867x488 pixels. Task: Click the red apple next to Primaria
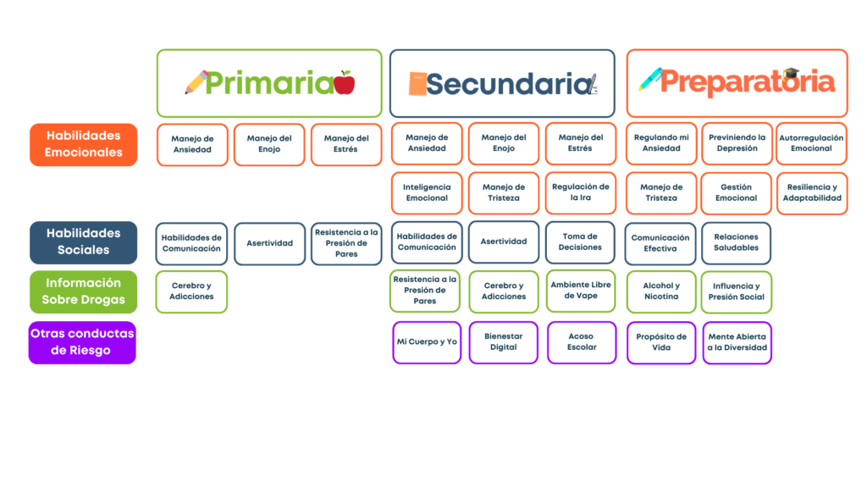pyautogui.click(x=345, y=83)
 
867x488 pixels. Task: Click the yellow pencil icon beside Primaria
pyautogui.click(x=196, y=82)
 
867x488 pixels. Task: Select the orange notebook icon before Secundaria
pyautogui.click(x=417, y=84)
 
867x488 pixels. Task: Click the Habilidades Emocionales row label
pyautogui.click(x=83, y=144)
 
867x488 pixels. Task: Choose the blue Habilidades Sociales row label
pyautogui.click(x=83, y=241)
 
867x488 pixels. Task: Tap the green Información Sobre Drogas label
pyautogui.click(x=83, y=291)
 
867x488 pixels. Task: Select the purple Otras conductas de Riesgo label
pyautogui.click(x=82, y=342)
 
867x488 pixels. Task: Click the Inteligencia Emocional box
pyautogui.click(x=427, y=193)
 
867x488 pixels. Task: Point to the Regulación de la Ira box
pyautogui.click(x=581, y=192)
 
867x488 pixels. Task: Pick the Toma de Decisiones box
pyautogui.click(x=581, y=242)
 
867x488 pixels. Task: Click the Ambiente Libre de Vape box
pyautogui.click(x=581, y=291)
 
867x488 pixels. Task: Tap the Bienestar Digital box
pyautogui.click(x=504, y=342)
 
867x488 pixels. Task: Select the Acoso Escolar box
pyautogui.click(x=582, y=342)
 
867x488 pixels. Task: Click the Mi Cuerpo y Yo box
pyautogui.click(x=427, y=342)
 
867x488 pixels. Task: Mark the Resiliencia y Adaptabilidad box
pyautogui.click(x=812, y=193)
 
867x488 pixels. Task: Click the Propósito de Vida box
pyautogui.click(x=661, y=342)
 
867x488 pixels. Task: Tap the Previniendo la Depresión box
pyautogui.click(x=737, y=143)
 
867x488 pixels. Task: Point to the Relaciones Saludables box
pyautogui.click(x=737, y=242)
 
